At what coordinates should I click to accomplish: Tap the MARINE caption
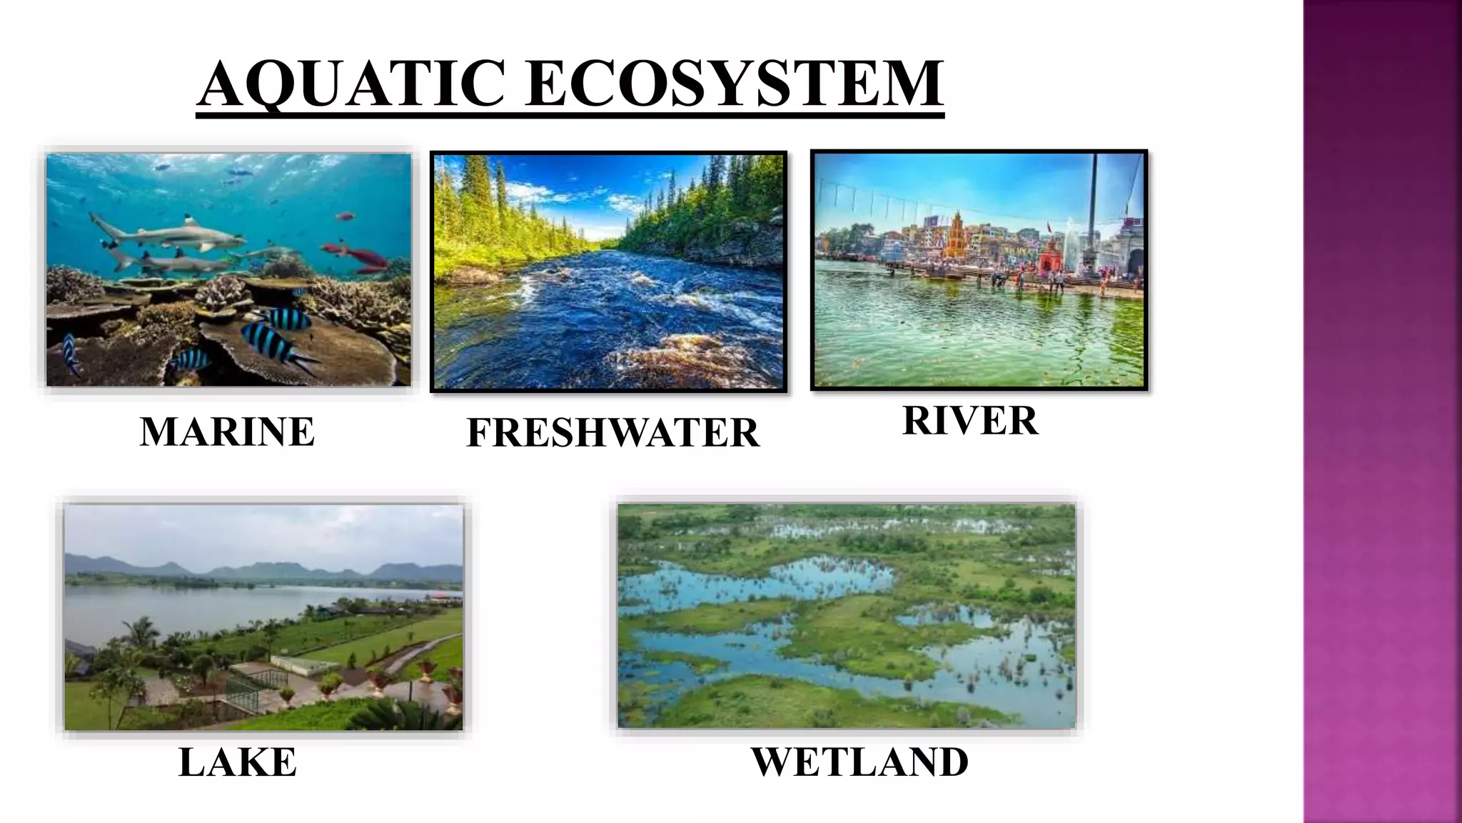pyautogui.click(x=227, y=432)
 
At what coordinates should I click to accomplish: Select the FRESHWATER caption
pyautogui.click(x=612, y=433)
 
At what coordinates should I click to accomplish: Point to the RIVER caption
pyautogui.click(x=969, y=420)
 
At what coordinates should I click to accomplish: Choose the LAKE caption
pyautogui.click(x=237, y=762)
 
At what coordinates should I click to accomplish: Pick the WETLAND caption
pyautogui.click(x=859, y=762)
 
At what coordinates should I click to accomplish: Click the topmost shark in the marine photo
pyautogui.click(x=171, y=232)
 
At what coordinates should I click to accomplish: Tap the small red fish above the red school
pyautogui.click(x=346, y=216)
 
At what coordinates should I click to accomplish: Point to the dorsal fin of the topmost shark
pyautogui.click(x=188, y=220)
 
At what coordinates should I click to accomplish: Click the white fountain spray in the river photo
pyautogui.click(x=1070, y=243)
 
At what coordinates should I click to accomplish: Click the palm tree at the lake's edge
pyautogui.click(x=140, y=632)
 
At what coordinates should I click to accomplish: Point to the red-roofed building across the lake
pyautogui.click(x=445, y=594)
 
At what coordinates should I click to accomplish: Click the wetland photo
pyautogui.click(x=847, y=616)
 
